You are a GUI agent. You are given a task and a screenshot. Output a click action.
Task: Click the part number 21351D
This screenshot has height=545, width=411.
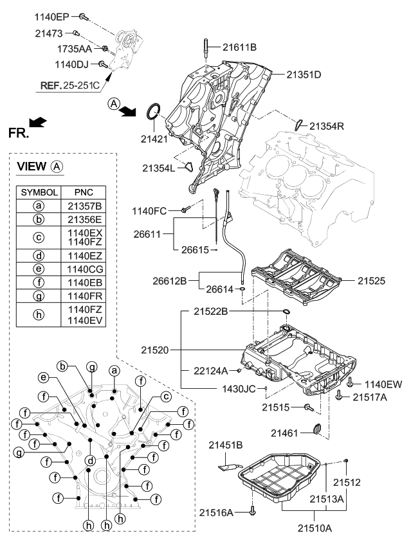(x=299, y=75)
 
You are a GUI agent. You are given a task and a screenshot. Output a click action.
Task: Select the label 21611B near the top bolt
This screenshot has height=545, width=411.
(x=240, y=47)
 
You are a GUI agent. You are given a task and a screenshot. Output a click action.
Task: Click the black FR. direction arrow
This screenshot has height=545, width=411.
(x=38, y=121)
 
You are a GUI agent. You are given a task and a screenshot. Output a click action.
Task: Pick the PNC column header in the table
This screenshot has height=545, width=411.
(x=84, y=192)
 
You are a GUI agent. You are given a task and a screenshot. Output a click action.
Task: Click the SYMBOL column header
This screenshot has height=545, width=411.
(x=40, y=192)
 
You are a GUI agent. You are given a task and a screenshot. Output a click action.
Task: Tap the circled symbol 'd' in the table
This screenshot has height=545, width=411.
(x=40, y=255)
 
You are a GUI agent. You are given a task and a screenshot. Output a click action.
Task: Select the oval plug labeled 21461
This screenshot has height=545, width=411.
(x=315, y=429)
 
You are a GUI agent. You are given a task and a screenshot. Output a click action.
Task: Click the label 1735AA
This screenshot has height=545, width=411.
(x=75, y=48)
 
